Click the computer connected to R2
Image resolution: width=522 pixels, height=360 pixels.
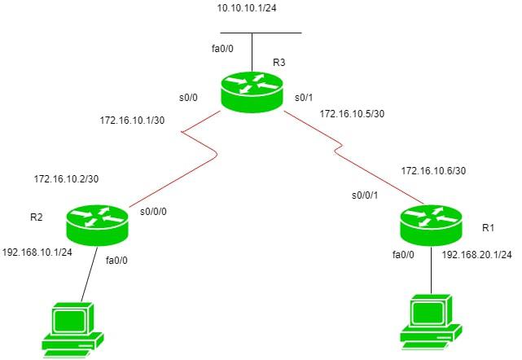coord(72,327)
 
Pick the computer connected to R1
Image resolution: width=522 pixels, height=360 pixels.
coord(432,321)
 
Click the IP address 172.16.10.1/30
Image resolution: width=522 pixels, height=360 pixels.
coord(131,121)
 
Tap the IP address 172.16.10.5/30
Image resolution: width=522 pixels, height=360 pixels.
coord(352,113)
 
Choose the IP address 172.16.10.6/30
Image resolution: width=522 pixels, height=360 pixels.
coord(433,169)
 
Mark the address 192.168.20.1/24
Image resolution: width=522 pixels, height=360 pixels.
coord(476,255)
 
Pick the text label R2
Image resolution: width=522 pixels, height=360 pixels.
coord(37,217)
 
